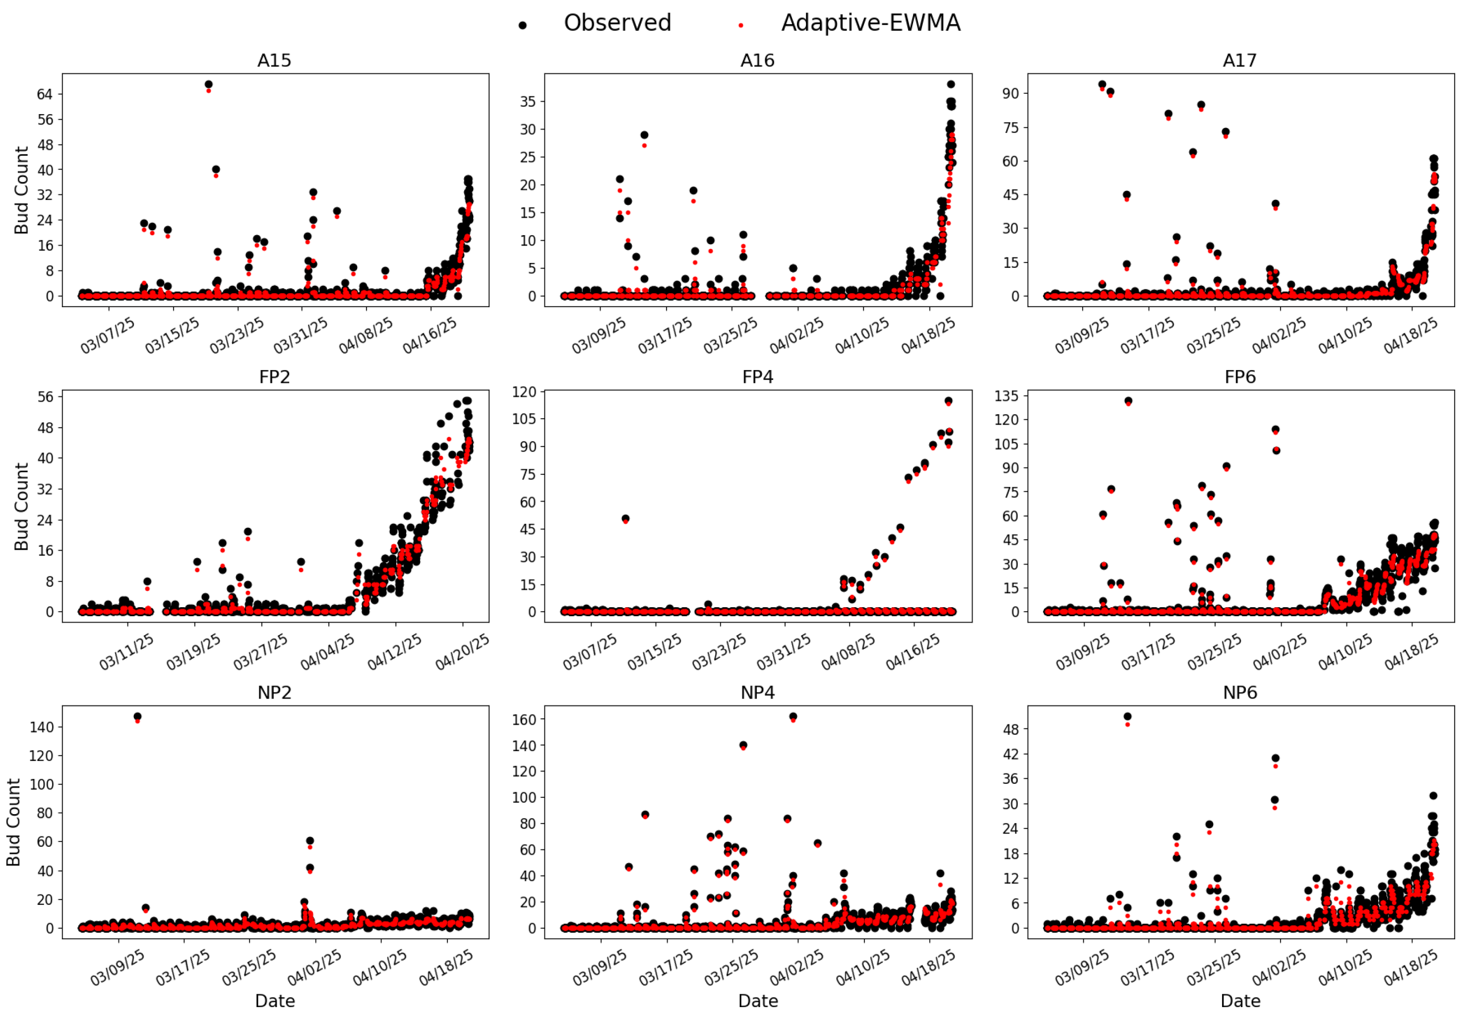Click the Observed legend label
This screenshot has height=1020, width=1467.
tap(617, 23)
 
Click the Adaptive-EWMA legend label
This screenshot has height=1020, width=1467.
tap(870, 23)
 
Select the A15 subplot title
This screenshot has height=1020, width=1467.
tap(274, 61)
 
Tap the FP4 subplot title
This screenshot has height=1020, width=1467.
tap(757, 377)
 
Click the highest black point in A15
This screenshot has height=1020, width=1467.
tap(208, 84)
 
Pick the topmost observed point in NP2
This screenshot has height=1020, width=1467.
tap(137, 717)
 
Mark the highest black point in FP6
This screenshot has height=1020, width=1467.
tap(1128, 401)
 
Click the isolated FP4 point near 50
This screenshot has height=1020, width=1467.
tap(625, 519)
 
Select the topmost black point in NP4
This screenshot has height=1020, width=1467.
tap(793, 717)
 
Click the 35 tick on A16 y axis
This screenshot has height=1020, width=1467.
tap(527, 102)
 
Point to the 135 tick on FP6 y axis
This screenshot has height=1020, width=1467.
tap(1006, 396)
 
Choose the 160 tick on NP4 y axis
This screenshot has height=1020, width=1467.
tap(524, 720)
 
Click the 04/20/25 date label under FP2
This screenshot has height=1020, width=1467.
tap(461, 652)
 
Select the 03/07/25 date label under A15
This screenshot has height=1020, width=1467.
tap(107, 335)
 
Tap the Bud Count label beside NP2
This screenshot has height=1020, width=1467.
tap(14, 823)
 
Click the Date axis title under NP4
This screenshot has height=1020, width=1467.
tap(758, 1001)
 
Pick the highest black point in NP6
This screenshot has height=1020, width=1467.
tap(1127, 717)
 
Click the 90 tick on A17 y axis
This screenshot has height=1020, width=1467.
tap(1010, 93)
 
